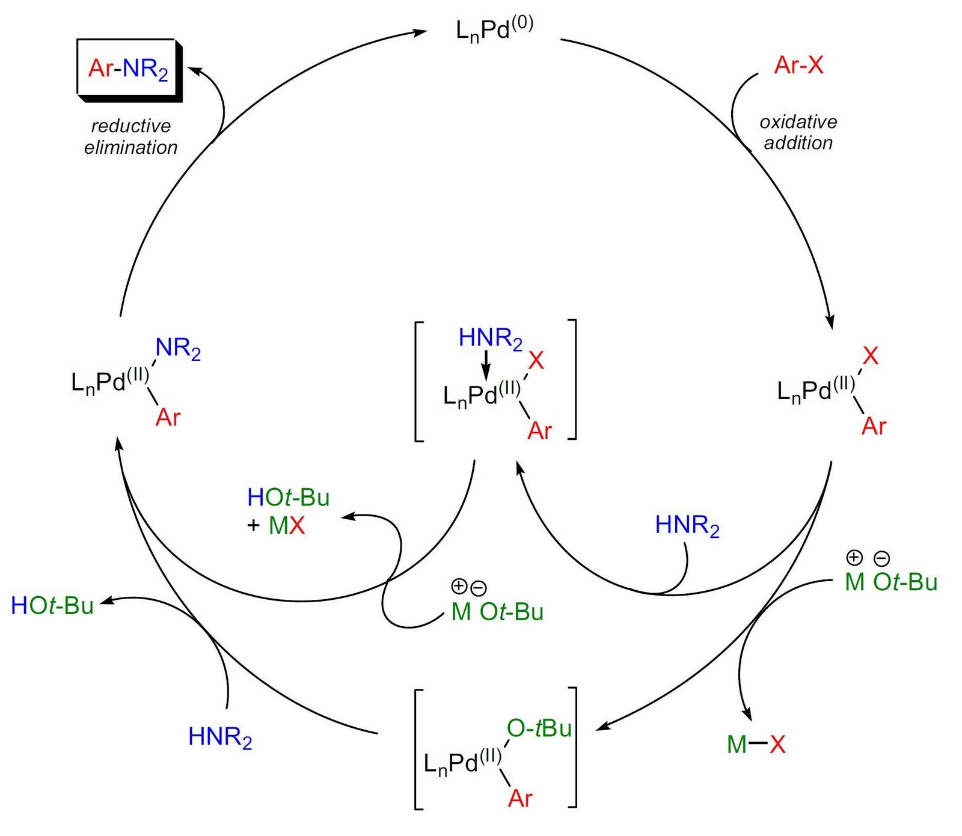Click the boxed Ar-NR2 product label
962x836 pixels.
[128, 69]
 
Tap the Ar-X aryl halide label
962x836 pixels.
[798, 65]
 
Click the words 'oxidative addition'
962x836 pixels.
[798, 132]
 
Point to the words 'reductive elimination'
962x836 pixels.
[131, 136]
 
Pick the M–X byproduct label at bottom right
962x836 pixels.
[756, 745]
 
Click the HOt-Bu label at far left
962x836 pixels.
[52, 605]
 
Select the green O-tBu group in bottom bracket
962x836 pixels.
[539, 728]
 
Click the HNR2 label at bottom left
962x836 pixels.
[220, 737]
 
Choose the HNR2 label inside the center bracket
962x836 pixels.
[490, 338]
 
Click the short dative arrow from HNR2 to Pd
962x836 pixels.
[486, 367]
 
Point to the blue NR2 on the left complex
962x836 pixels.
[178, 349]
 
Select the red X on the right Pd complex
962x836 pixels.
[870, 356]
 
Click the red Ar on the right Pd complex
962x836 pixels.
[874, 426]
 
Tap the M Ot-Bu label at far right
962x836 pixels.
[891, 582]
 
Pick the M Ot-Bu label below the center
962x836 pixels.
[497, 612]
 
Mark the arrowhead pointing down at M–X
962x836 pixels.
[747, 715]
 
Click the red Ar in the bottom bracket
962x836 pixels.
[520, 798]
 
